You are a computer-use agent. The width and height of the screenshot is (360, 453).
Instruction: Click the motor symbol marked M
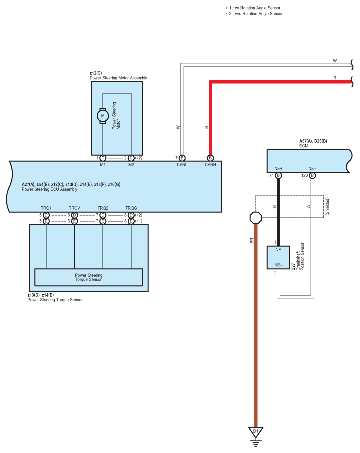[103, 116]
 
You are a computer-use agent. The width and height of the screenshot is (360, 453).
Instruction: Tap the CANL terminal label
[182, 165]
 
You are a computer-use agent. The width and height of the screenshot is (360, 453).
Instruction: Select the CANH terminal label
[210, 165]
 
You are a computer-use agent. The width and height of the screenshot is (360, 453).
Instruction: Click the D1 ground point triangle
[256, 432]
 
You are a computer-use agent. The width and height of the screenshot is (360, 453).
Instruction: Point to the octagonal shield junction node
[256, 218]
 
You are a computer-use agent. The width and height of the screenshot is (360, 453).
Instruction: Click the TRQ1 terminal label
[46, 208]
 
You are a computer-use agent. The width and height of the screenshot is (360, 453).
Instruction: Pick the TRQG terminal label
[131, 208]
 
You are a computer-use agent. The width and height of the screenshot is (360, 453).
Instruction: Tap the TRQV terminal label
[75, 208]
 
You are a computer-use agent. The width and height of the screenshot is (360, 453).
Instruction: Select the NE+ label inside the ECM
[279, 168]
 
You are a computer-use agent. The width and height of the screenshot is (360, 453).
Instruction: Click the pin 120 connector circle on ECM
[312, 175]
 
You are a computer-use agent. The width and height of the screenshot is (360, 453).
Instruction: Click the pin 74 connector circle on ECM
[278, 175]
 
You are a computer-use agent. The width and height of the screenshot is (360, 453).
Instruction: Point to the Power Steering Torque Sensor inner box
[88, 277]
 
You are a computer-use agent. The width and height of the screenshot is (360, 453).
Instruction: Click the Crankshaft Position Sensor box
[278, 257]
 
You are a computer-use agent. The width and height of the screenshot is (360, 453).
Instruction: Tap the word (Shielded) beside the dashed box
[327, 206]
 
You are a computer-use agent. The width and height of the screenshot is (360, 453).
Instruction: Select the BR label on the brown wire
[252, 240]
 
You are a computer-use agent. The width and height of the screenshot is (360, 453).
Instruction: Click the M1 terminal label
[103, 165]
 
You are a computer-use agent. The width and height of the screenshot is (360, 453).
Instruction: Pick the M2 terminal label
[131, 165]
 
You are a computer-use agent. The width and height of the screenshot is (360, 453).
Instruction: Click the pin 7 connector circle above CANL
[182, 158]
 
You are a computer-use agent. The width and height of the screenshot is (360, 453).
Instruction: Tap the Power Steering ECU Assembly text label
[49, 189]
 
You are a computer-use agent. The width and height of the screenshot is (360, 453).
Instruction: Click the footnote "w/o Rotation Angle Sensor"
[259, 14]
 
